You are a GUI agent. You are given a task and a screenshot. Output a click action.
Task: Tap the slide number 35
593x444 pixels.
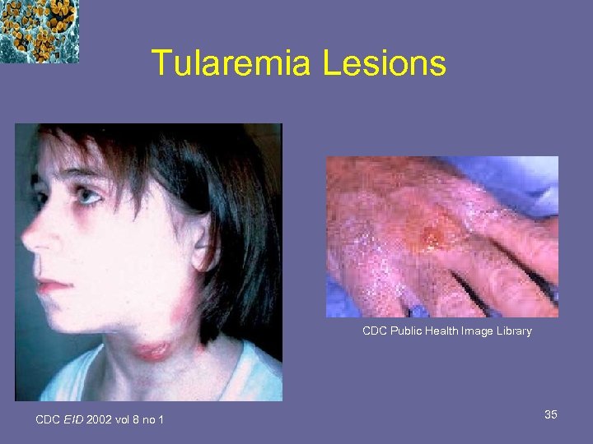pyautogui.click(x=550, y=415)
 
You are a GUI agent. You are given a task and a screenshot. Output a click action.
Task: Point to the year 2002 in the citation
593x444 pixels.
pyautogui.click(x=100, y=420)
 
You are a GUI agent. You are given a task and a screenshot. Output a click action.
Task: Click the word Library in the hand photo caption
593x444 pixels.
pyautogui.click(x=513, y=331)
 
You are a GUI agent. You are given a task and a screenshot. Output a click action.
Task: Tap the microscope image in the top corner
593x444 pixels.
pyautogui.click(x=39, y=30)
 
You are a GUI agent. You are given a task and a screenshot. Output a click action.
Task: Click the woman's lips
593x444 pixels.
pyautogui.click(x=51, y=285)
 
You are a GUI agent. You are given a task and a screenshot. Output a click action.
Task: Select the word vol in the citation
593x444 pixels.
pyautogui.click(x=125, y=420)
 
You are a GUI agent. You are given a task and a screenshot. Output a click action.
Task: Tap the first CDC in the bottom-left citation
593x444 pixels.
pyautogui.click(x=48, y=420)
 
